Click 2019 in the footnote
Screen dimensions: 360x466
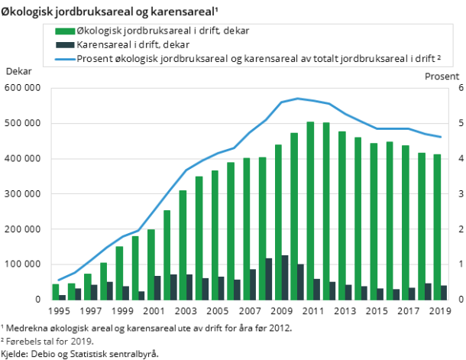click(x=80, y=341)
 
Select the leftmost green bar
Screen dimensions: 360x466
click(x=55, y=292)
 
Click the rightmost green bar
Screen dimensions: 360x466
click(x=437, y=227)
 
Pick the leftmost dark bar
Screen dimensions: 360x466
click(x=62, y=297)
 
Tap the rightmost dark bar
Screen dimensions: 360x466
click(x=444, y=293)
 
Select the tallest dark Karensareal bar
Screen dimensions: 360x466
click(x=284, y=277)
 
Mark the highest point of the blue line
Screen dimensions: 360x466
click(x=297, y=99)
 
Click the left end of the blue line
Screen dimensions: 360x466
click(x=58, y=281)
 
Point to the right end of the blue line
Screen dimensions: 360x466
click(x=441, y=138)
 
